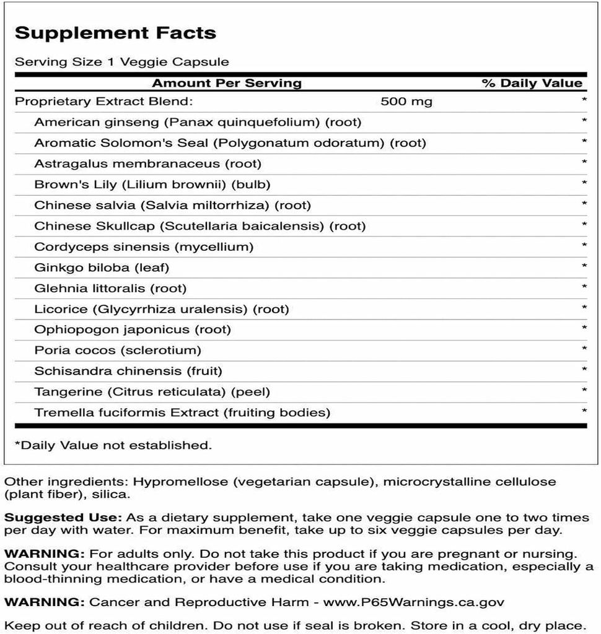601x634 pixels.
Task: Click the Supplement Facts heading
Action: point(115,33)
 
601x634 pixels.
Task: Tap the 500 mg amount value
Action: point(406,102)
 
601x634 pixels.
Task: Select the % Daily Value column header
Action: point(532,83)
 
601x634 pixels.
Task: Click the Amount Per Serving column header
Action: point(227,83)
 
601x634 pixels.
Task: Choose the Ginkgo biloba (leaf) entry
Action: point(102,267)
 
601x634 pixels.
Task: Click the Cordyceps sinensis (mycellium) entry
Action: point(144,247)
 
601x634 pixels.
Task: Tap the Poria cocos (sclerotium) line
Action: point(118,350)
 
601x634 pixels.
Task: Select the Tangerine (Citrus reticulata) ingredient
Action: point(152,392)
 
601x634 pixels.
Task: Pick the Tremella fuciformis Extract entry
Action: point(182,412)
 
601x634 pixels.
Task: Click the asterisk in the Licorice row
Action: point(584,309)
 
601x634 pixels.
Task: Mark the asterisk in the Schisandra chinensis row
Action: point(584,371)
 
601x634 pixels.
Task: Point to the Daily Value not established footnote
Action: point(113,445)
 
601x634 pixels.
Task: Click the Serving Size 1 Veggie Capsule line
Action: point(122,62)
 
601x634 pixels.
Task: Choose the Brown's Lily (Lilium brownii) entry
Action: point(152,185)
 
